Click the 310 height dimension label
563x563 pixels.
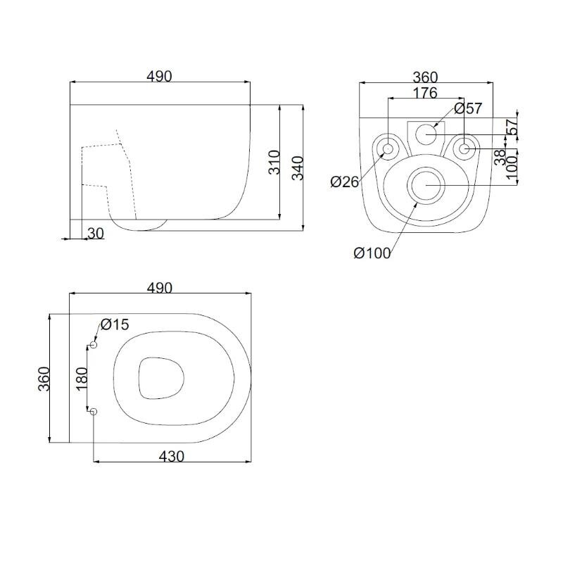[x=274, y=163]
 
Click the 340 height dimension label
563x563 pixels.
[x=298, y=167]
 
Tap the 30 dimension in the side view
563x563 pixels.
[x=96, y=234]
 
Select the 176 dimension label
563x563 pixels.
[x=426, y=93]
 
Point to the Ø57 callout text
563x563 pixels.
[x=468, y=108]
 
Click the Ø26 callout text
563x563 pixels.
[x=345, y=182]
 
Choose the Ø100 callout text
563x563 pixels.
[x=372, y=253]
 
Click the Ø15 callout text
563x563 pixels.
[x=115, y=324]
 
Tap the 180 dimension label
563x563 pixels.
[x=82, y=379]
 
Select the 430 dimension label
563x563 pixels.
[x=172, y=456]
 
